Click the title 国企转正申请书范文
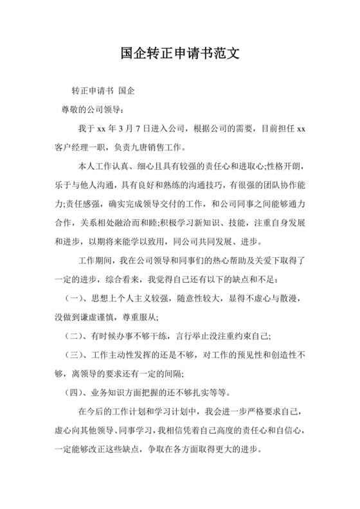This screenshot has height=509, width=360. coord(180,52)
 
